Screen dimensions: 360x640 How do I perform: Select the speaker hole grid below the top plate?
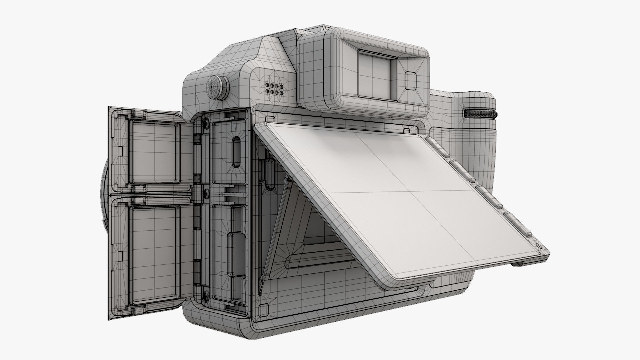274,88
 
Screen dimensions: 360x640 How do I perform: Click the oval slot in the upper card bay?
236,152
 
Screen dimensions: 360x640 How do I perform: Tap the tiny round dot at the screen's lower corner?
537,246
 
